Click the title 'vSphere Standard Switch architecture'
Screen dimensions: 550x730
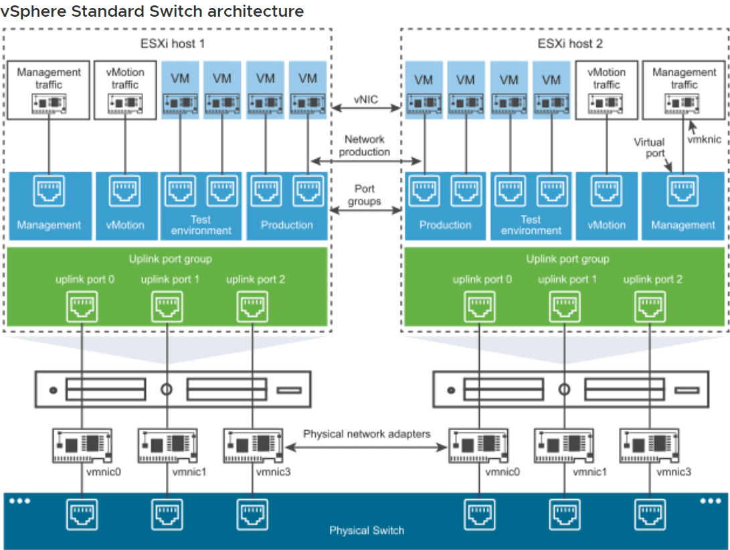tap(153, 11)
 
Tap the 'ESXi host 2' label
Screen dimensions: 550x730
tap(565, 44)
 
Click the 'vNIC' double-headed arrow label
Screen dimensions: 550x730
tap(366, 100)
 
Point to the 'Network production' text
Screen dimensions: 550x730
tap(365, 145)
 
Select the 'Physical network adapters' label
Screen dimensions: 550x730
tap(367, 434)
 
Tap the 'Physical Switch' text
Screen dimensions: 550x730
tap(367, 531)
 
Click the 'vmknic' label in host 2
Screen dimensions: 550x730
tap(704, 139)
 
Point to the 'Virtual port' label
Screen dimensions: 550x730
tap(649, 147)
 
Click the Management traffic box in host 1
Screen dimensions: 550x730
tap(49, 90)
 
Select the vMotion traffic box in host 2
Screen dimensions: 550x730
tap(606, 90)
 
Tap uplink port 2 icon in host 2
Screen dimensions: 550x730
tap(648, 307)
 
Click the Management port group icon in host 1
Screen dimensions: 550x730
tap(49, 192)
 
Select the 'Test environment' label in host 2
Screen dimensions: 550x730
tap(531, 224)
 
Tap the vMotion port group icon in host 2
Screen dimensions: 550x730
tap(606, 192)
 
